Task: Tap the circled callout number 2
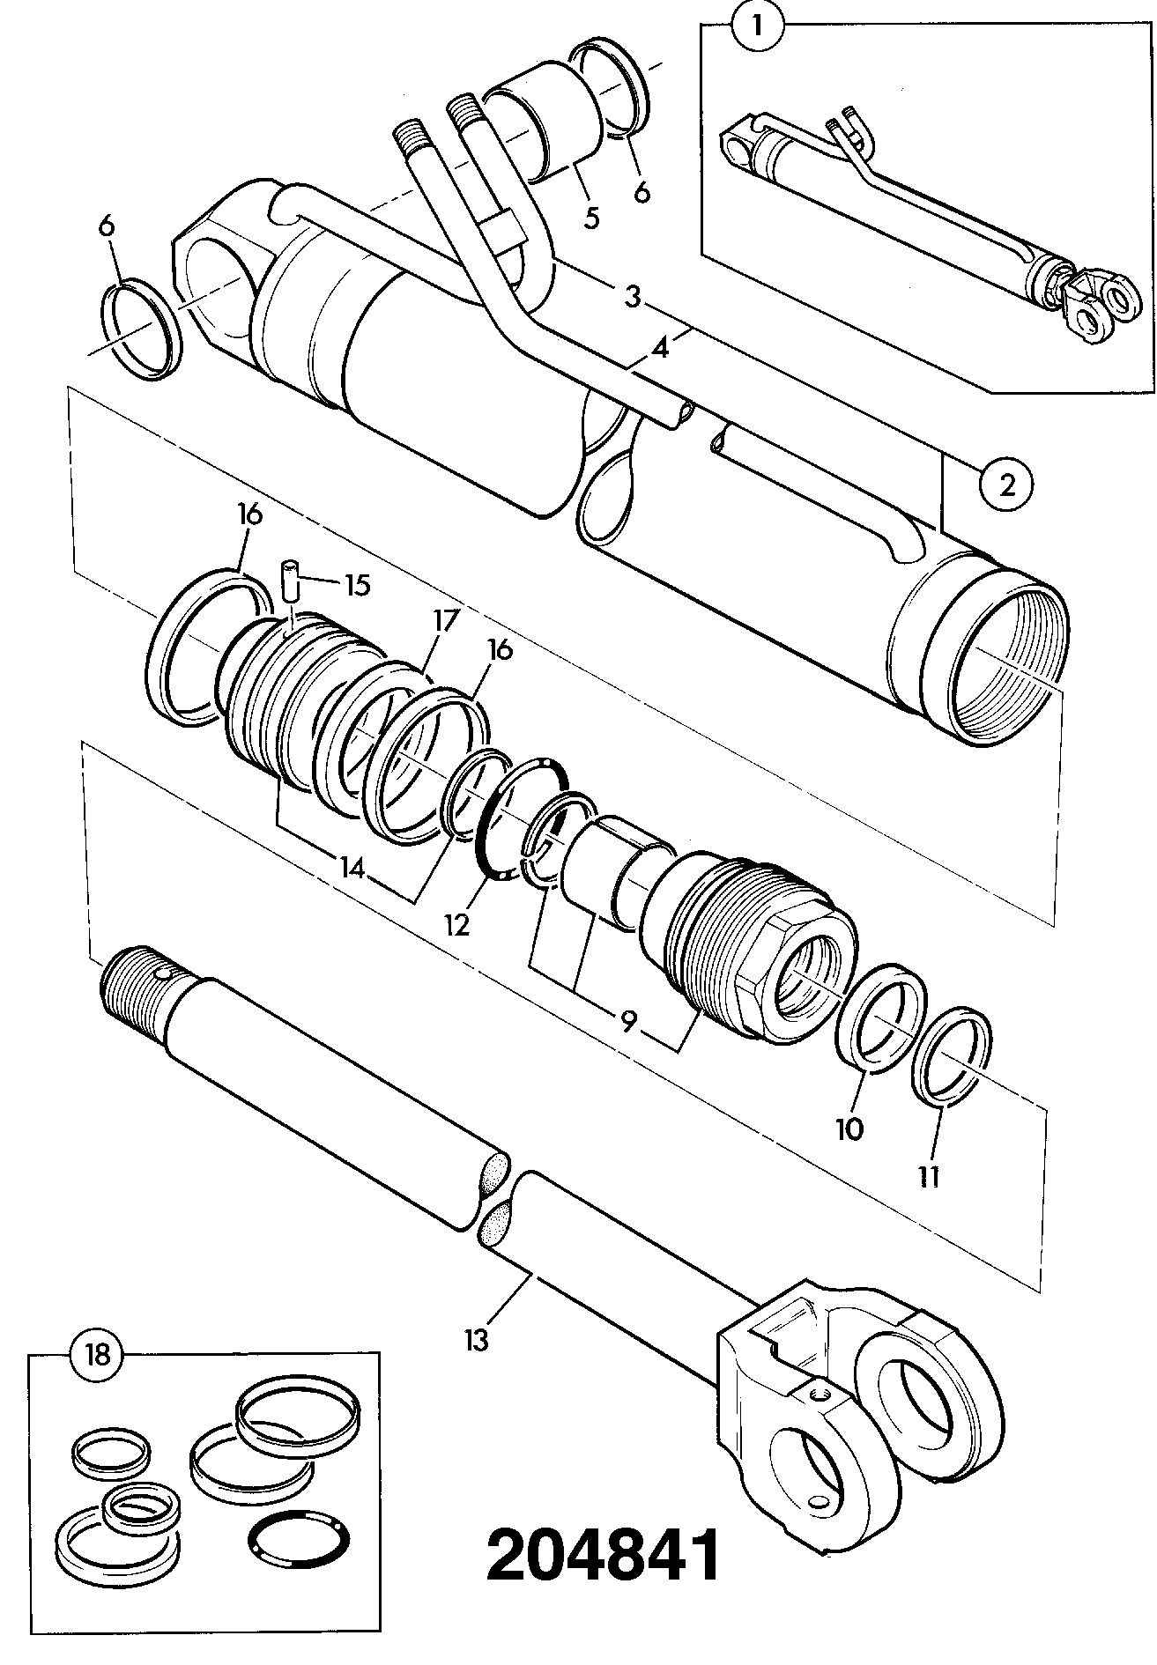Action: tap(1006, 484)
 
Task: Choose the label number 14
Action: tap(352, 869)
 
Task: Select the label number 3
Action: tap(632, 296)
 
